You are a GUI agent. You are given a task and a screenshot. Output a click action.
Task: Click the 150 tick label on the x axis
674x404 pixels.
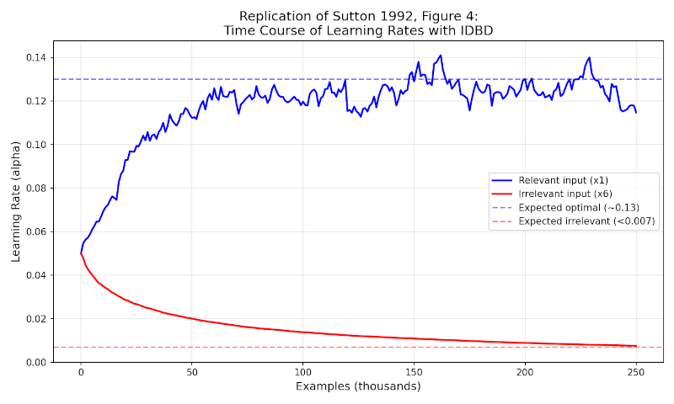pyautogui.click(x=414, y=372)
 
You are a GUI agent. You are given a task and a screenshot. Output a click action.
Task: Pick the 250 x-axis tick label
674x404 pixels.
pyautogui.click(x=636, y=372)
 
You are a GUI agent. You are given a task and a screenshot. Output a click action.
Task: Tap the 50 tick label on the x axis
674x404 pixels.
pyautogui.click(x=192, y=372)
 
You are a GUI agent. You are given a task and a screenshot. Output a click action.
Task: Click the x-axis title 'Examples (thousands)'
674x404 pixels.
pyautogui.click(x=358, y=386)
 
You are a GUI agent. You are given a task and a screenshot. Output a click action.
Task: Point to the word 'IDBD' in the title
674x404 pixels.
pyautogui.click(x=476, y=30)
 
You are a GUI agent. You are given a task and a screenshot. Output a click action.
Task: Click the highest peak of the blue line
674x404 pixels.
pyautogui.click(x=440, y=56)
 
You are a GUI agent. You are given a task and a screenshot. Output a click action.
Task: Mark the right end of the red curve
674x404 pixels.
pyautogui.click(x=636, y=346)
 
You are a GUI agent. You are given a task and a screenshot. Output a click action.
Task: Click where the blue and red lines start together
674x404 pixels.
pyautogui.click(x=81, y=252)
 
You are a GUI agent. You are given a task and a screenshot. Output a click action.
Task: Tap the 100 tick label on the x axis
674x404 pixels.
pyautogui.click(x=302, y=372)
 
